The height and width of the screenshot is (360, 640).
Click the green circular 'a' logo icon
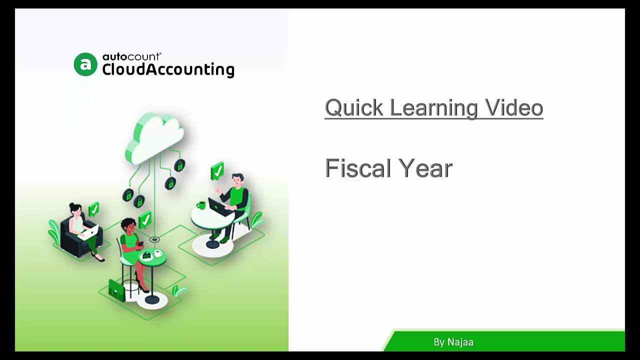(85, 64)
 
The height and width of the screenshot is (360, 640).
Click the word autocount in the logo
(131, 56)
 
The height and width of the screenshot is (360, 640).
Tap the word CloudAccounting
(168, 69)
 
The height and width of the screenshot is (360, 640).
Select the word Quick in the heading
(353, 108)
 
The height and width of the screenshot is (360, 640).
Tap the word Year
(426, 168)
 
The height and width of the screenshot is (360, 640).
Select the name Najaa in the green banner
(460, 342)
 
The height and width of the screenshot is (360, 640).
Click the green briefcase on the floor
(116, 289)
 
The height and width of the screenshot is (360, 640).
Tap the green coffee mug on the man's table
(201, 205)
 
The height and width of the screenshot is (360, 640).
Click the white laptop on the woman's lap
(91, 231)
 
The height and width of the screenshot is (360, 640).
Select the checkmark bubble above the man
(217, 171)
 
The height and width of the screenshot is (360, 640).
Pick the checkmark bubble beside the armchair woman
(93, 208)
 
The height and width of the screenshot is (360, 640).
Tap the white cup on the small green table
(158, 253)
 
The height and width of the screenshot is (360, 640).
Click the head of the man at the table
(237, 180)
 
